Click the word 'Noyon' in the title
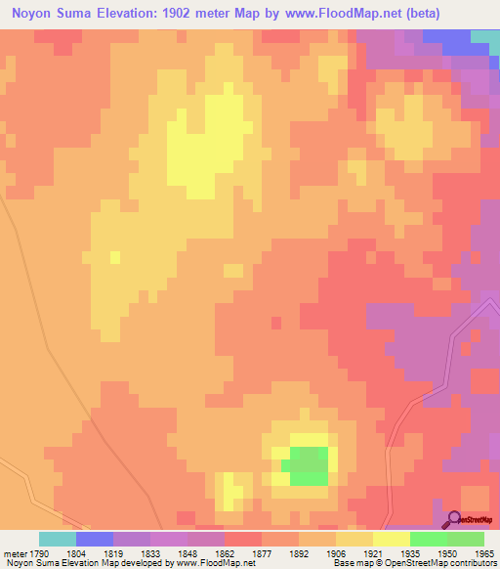29,14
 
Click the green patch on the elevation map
309,465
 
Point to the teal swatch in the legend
58,539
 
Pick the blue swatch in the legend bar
95,539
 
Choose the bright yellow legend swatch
392,539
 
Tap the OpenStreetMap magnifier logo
454,518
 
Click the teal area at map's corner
485,35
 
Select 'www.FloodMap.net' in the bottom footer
209,563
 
